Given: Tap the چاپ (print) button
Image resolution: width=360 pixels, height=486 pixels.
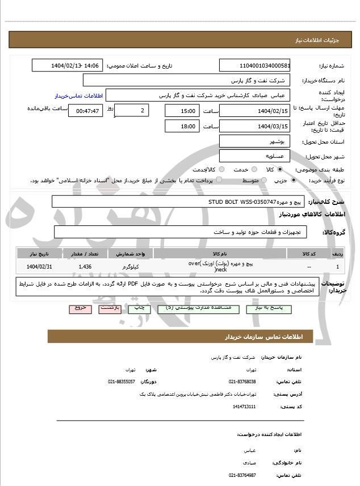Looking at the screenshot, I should click(x=139, y=308).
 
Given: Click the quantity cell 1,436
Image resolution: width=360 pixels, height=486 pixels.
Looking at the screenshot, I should click(x=85, y=266).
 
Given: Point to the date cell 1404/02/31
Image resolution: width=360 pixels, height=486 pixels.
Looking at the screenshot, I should click(x=39, y=266).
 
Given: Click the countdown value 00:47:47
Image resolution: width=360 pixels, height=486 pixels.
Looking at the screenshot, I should click(x=86, y=111).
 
